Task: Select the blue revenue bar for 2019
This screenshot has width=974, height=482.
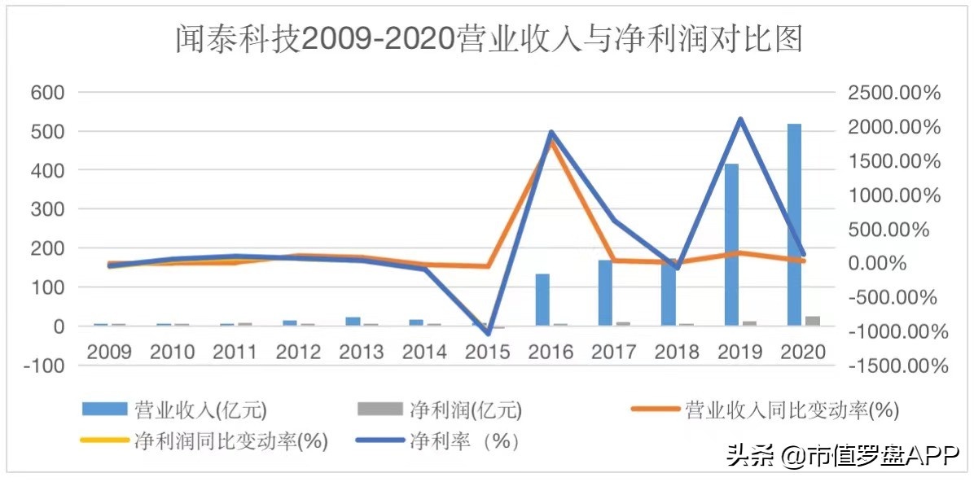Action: click(731, 244)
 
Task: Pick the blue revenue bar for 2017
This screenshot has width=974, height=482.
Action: click(605, 293)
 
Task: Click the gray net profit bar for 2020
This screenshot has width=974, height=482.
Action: click(813, 321)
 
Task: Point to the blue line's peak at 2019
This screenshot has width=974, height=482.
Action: click(739, 119)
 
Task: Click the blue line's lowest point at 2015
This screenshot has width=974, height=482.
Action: click(488, 333)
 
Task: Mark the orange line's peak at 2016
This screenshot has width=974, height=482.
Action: click(551, 140)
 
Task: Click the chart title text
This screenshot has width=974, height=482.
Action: click(489, 39)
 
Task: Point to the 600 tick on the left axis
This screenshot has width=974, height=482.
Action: click(47, 92)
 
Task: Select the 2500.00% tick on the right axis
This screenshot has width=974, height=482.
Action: click(894, 93)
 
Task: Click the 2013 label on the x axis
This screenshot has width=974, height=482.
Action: click(361, 352)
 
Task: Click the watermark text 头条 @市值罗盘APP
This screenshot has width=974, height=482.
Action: click(844, 456)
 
